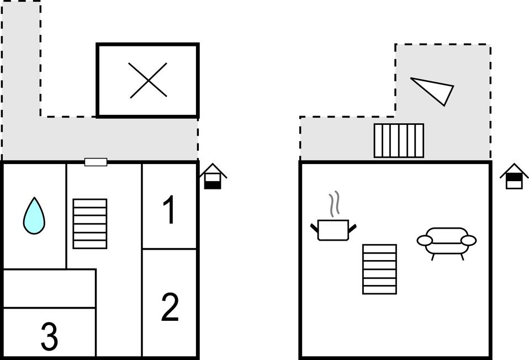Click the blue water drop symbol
coord(34,216)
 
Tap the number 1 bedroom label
coord(170,211)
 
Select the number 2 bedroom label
coord(170,308)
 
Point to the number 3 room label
coord(49,337)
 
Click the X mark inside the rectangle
coord(148,81)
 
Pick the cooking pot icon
coord(334,229)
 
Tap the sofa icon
coord(446,241)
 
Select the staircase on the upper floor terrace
coord(399,140)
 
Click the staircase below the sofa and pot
coord(379,269)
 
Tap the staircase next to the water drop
coord(90,224)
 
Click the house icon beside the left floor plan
coord(213,177)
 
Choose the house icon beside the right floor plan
coord(514,177)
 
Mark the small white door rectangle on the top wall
coord(96,162)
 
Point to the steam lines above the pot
coord(334,205)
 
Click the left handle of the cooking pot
coord(315,226)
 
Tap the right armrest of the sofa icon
coord(468,240)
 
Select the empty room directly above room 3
coord(49,288)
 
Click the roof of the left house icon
coord(213,170)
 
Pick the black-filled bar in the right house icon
coord(514,178)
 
